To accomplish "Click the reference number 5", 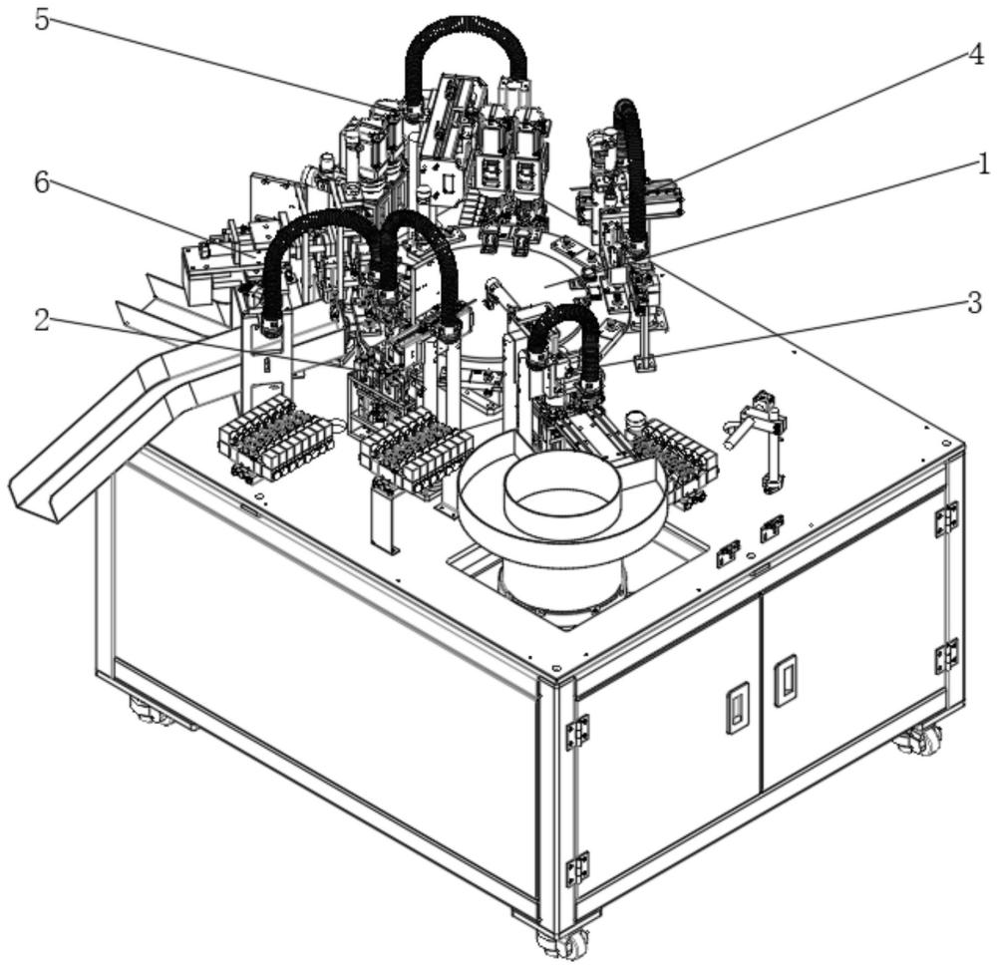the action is pos(41,19).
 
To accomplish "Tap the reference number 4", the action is pos(976,55).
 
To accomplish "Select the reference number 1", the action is pos(983,165).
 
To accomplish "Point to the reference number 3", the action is pos(975,303).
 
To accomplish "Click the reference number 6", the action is pos(41,183).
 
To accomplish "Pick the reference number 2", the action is pos(41,321).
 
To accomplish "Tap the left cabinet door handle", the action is pos(737,708).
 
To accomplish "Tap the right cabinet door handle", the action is pos(786,680).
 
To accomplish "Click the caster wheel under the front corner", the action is pos(563,944).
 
